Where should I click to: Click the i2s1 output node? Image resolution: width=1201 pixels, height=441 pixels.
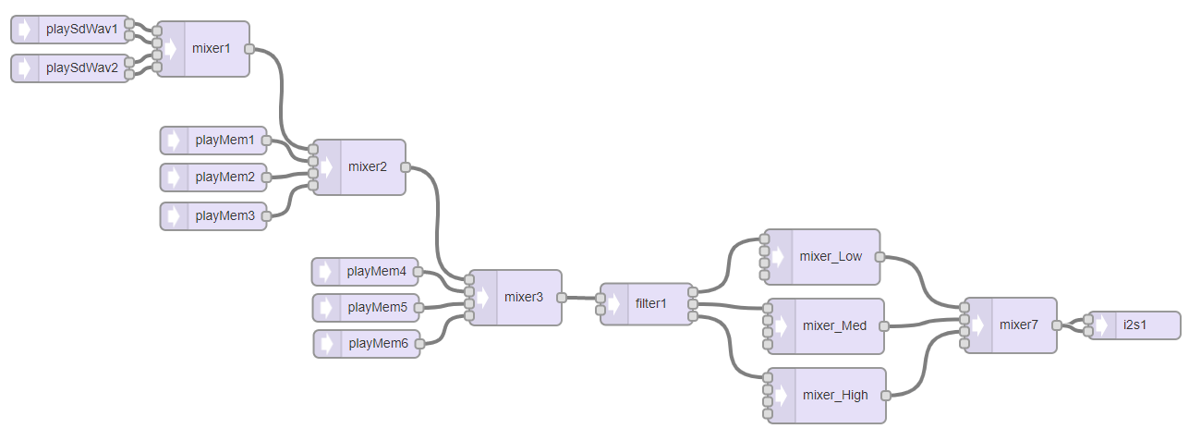[x=1134, y=325]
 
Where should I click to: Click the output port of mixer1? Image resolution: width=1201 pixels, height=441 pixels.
[x=249, y=48]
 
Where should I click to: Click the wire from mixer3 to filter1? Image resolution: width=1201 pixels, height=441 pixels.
[x=580, y=298]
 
